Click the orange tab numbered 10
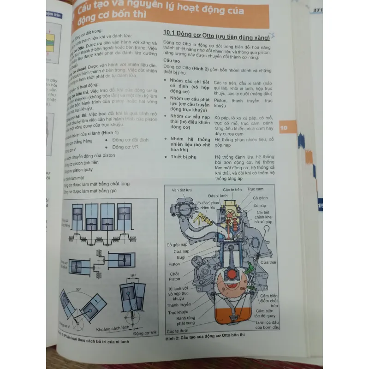tap(284, 128)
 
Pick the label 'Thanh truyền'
tap(178, 304)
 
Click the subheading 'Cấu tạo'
tap(172, 61)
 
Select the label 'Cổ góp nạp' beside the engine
tap(177, 244)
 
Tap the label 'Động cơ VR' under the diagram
tap(144, 332)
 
